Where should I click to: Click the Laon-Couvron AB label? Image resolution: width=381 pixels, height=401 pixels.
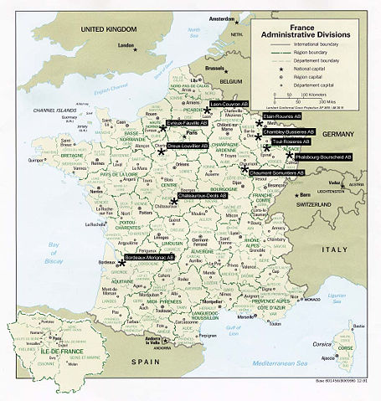pos(235,105)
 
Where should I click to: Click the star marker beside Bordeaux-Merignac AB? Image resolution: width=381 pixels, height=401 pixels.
pos(121,263)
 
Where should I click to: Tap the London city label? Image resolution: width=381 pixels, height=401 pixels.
pos(128,45)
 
